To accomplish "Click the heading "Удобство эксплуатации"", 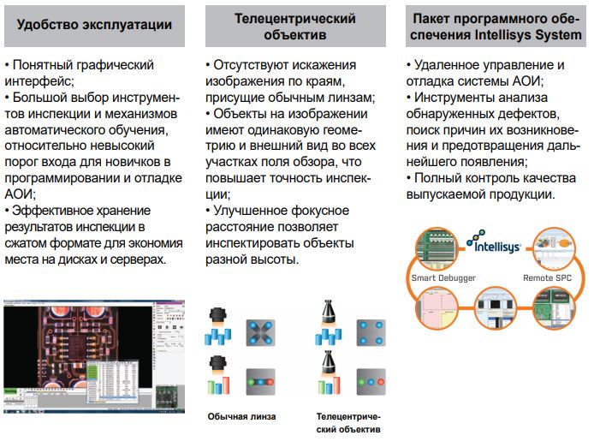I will coord(93,24).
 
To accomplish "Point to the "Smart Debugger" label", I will coord(443,278).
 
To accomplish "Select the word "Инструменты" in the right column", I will coord(459,98).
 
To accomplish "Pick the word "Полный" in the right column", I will coord(437,178).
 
